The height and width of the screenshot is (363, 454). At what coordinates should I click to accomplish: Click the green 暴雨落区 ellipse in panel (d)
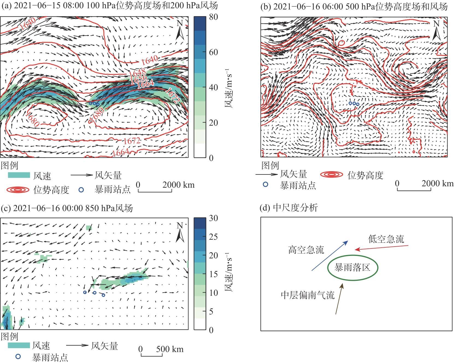353,268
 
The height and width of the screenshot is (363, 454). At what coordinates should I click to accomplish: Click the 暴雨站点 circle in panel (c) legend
18,356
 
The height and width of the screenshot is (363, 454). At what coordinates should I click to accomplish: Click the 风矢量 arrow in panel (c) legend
78,345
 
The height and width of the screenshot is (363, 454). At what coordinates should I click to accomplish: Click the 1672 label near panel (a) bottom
132,141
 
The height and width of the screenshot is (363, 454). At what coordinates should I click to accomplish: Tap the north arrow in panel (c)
180,233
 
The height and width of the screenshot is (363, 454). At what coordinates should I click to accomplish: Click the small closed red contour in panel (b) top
341,43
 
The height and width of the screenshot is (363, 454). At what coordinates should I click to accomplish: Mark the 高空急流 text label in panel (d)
306,250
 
